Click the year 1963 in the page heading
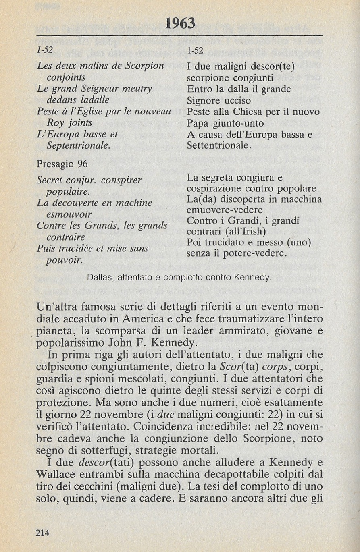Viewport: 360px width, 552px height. tap(180, 24)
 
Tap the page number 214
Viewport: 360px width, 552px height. tap(43, 533)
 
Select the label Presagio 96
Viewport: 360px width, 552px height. tap(62, 164)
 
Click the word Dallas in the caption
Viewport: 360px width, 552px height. tap(98, 277)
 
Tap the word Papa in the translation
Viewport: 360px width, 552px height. tap(197, 123)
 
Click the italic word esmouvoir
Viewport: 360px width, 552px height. tap(69, 214)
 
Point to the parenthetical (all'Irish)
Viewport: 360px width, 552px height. tap(246, 232)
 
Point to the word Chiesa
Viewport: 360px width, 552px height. tap(241, 112)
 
